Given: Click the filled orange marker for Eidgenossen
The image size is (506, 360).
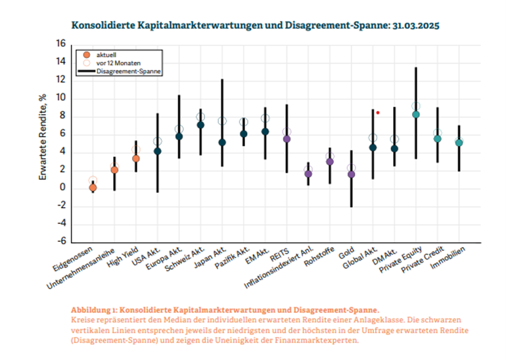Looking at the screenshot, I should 93,188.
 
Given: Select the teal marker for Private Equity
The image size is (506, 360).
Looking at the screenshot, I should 415,114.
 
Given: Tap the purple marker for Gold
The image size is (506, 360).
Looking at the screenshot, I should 351,174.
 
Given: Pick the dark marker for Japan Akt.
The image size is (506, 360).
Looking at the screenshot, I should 222,143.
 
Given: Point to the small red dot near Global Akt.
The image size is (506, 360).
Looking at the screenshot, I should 378,112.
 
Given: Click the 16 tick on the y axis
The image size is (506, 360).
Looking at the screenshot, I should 60,44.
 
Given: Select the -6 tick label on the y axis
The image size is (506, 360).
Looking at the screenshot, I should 60,241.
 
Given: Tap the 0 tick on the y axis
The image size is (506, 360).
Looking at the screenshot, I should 63,188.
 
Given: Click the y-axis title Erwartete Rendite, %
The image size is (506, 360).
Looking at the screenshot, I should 43,143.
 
